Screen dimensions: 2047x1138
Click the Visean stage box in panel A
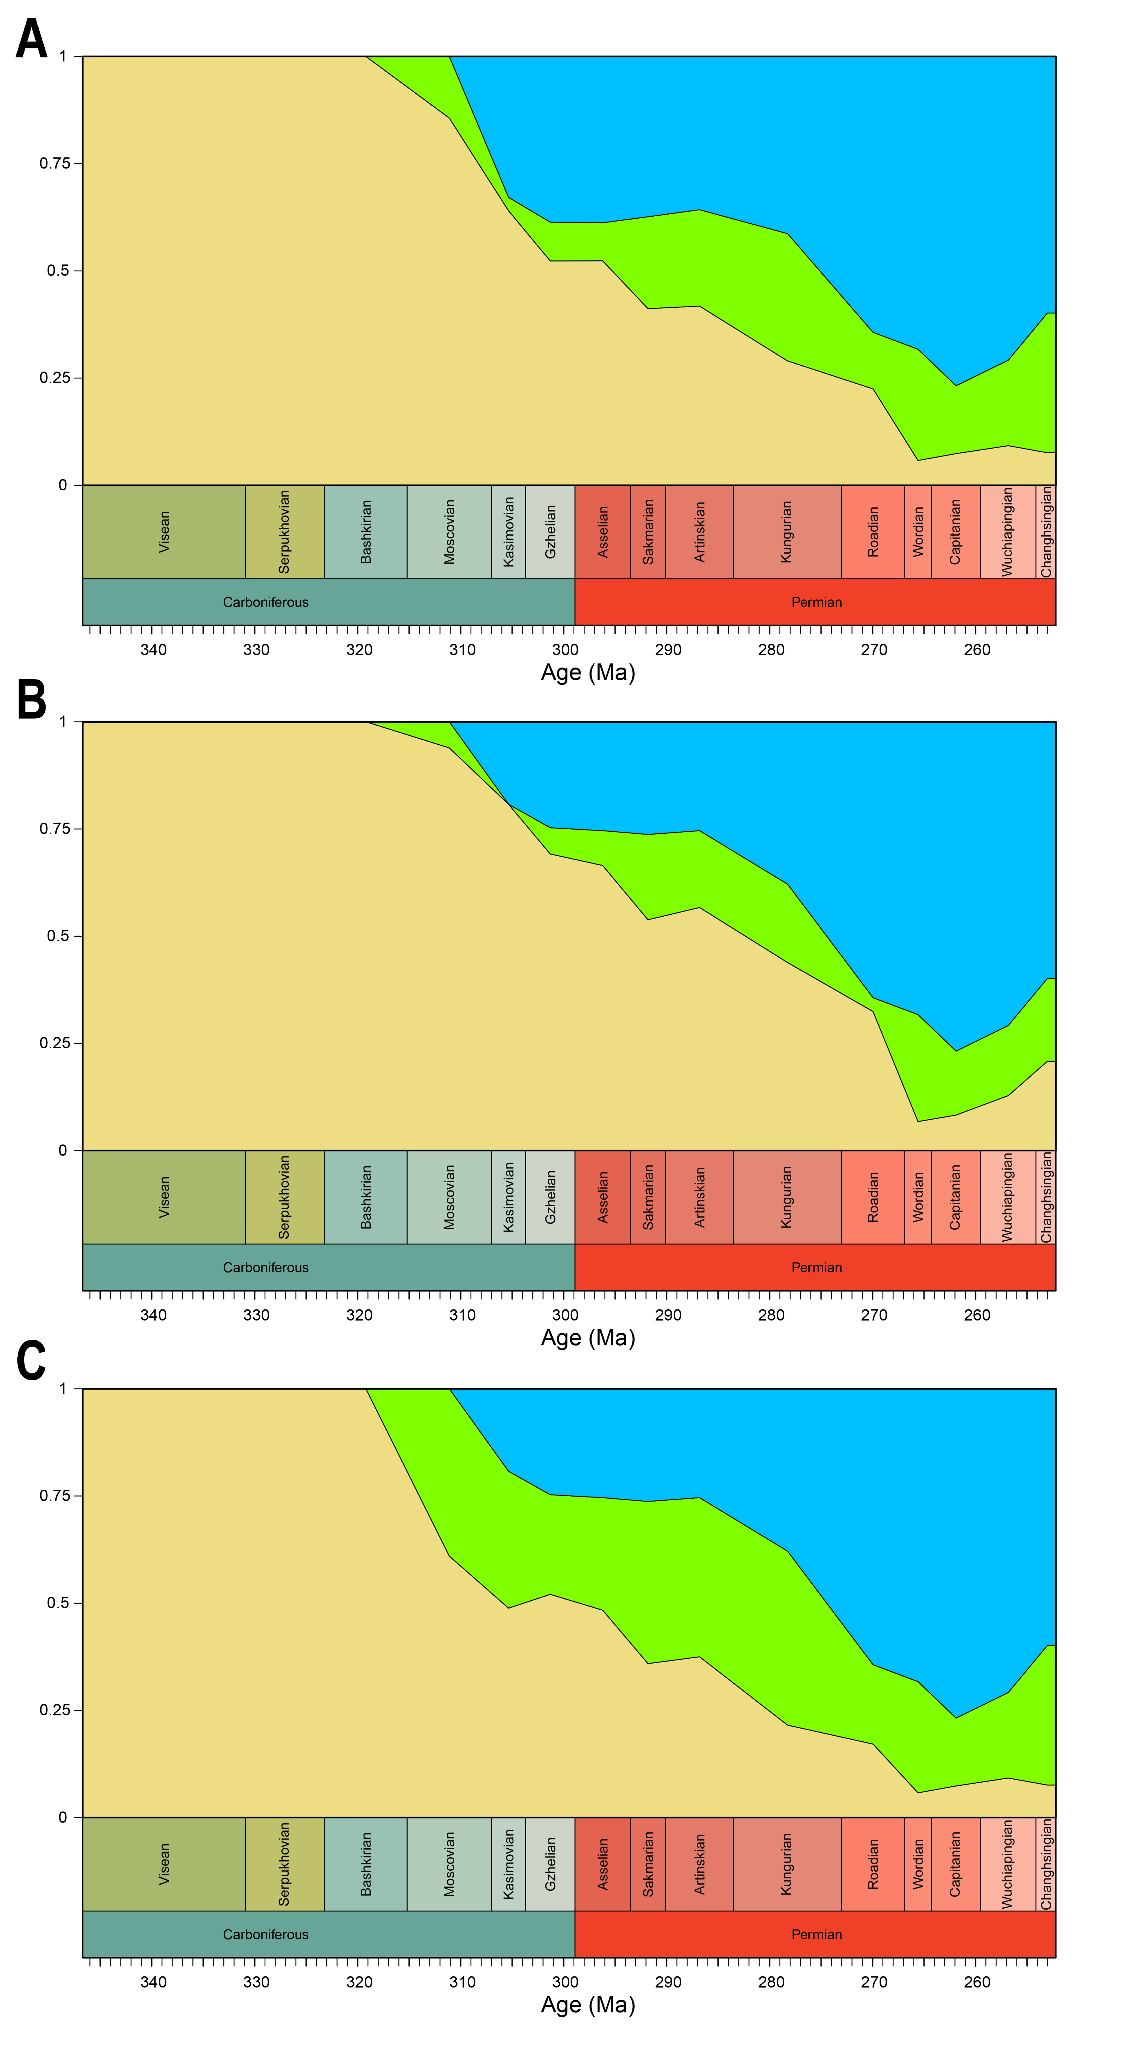[x=164, y=532]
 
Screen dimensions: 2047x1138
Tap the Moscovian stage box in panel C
[x=449, y=1863]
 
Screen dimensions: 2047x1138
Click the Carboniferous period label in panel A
[x=265, y=602]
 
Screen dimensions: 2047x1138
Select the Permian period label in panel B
[x=816, y=1268]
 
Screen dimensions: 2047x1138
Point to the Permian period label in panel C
[x=816, y=1934]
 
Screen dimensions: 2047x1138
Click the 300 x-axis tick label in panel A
[x=565, y=650]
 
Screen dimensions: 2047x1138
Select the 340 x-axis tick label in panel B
[x=153, y=1315]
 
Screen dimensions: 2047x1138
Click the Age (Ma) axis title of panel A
[x=588, y=673]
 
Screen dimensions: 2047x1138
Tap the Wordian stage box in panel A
[x=918, y=532]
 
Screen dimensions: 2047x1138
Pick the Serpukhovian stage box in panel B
[x=285, y=1197]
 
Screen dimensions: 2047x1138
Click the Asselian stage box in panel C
[x=603, y=1863]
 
